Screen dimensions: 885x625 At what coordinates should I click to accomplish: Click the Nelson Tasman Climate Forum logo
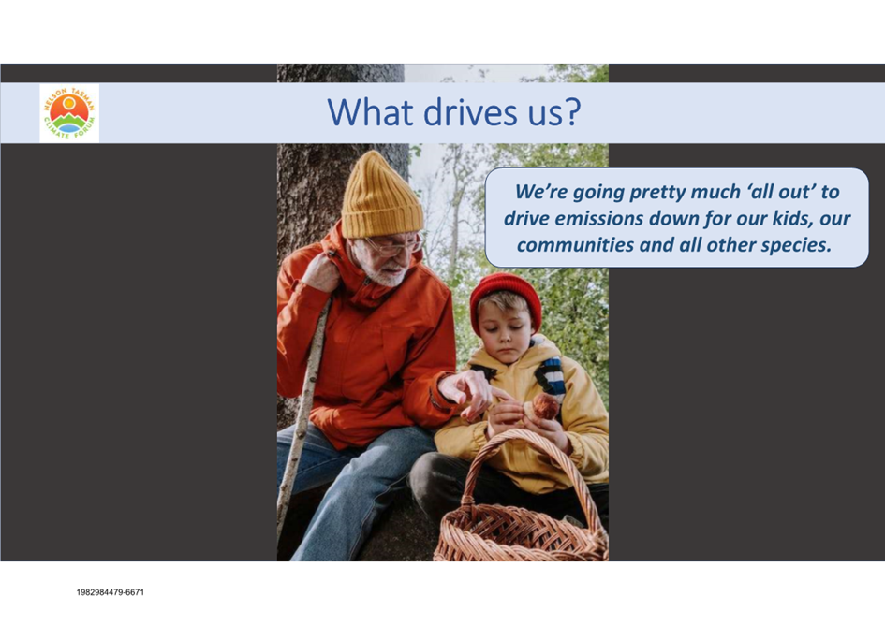(x=69, y=113)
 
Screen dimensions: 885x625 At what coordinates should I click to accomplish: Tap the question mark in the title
(x=571, y=111)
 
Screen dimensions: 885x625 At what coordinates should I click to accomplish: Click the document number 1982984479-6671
(x=111, y=592)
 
